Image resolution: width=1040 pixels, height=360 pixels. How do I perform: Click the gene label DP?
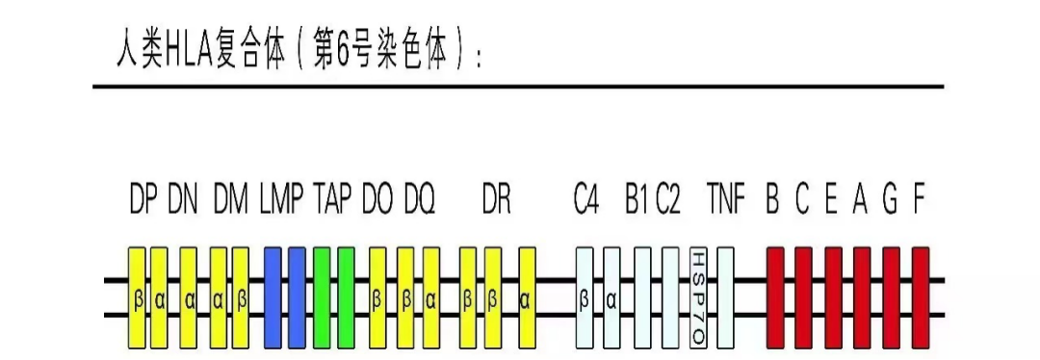143,201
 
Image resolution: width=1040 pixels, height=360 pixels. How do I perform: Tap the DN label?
183,201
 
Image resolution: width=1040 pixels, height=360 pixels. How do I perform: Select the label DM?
230,201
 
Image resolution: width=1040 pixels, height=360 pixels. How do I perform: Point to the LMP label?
281,201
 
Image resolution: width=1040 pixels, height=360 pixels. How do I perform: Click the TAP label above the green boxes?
333,201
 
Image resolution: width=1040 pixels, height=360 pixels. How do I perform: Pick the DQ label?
420,201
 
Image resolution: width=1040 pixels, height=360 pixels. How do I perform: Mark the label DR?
497,201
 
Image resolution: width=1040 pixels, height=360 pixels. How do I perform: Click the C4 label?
586,201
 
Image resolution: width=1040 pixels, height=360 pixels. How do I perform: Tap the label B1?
636,201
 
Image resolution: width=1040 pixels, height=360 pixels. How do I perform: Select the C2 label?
668,201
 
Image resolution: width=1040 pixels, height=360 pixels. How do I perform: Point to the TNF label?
725,201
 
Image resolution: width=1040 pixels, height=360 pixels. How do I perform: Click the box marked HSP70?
699,298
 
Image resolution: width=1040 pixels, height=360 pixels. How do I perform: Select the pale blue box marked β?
585,298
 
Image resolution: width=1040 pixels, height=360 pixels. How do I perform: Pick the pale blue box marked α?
611,298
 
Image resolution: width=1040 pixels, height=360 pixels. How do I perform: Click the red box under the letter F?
921,298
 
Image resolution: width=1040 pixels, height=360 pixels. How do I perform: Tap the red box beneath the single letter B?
775,298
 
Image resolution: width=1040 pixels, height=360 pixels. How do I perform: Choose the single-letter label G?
890,201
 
